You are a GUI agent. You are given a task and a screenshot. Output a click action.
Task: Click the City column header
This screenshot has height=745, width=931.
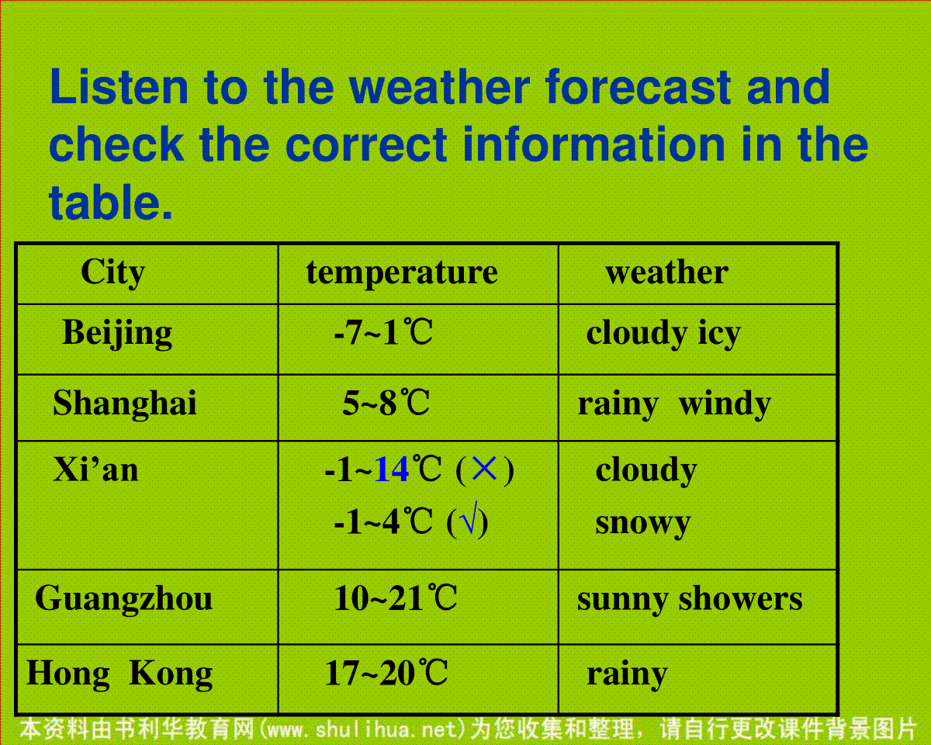[113, 272]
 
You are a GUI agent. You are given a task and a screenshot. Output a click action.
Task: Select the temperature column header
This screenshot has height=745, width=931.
[402, 272]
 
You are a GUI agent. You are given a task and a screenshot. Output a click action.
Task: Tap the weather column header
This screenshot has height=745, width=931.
[666, 272]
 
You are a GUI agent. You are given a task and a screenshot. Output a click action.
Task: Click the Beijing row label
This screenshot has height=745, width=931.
[117, 334]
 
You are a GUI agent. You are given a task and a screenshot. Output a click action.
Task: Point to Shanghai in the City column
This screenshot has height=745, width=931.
[125, 403]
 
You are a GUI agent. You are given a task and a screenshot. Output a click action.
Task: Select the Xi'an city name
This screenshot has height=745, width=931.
[95, 470]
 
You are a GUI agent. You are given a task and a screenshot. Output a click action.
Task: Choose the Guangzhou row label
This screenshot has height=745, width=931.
[123, 598]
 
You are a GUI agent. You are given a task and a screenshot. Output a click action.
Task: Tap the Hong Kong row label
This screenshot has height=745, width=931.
[119, 674]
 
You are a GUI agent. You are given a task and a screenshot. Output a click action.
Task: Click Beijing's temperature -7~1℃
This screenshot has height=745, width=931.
[383, 332]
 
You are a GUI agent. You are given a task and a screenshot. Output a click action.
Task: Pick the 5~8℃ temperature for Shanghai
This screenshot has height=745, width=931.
[386, 403]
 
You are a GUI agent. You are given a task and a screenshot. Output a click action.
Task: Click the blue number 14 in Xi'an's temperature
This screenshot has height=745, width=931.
[392, 470]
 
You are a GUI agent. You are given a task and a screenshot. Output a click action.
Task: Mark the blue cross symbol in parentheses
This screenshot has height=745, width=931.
[485, 469]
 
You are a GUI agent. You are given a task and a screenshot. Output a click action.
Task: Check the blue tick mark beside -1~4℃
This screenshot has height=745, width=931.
[469, 518]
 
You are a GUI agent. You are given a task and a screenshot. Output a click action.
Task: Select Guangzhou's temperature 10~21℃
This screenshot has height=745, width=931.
[395, 598]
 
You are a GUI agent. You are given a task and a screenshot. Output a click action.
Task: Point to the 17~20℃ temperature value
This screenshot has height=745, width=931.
[386, 673]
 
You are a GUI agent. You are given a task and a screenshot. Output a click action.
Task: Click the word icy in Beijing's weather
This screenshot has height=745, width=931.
[719, 334]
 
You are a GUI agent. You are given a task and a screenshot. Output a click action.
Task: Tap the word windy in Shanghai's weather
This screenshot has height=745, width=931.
[725, 404]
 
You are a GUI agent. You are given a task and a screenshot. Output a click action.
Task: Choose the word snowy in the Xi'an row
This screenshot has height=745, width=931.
[643, 525]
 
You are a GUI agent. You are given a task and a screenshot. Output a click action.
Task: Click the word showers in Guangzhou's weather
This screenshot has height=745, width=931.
[741, 600]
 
